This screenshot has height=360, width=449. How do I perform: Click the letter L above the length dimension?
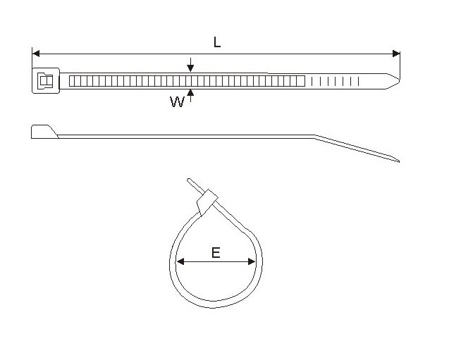click(217, 42)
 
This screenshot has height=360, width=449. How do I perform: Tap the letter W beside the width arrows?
click(177, 101)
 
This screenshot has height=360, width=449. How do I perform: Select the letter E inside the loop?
click(216, 253)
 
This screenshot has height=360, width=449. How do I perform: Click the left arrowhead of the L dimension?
click(36, 54)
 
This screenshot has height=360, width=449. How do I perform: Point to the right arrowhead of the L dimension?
click(396, 54)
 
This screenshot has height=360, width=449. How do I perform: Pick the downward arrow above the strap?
click(190, 65)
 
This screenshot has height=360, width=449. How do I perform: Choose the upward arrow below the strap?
click(190, 96)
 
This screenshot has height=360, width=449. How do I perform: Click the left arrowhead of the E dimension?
click(180, 261)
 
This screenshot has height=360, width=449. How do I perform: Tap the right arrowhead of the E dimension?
click(252, 261)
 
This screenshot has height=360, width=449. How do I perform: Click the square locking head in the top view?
click(46, 81)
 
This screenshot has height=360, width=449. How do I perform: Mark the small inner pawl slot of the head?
click(46, 81)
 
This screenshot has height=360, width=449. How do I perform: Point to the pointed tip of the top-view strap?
click(399, 81)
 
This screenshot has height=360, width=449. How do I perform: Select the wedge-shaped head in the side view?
click(44, 132)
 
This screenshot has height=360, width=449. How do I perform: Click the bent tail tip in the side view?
click(399, 161)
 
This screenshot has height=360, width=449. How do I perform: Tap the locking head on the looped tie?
click(207, 202)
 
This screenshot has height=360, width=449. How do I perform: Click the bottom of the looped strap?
click(214, 304)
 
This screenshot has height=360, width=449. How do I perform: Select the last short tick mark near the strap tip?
click(358, 81)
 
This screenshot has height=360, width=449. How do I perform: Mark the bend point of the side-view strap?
click(315, 137)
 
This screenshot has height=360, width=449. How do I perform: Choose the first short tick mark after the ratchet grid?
click(312, 81)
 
